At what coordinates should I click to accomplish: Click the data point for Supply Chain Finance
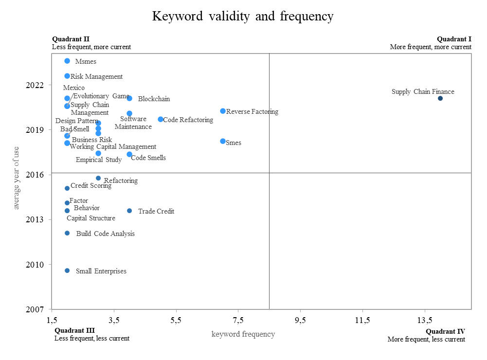pyautogui.click(x=440, y=98)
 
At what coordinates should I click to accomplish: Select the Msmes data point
pyautogui.click(x=67, y=61)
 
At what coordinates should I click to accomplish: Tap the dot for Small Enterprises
pyautogui.click(x=67, y=270)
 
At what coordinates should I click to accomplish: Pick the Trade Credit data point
pyautogui.click(x=129, y=211)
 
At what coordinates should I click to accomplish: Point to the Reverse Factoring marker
pyautogui.click(x=223, y=111)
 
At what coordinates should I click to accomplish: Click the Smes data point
pyautogui.click(x=223, y=141)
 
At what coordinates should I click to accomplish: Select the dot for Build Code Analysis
pyautogui.click(x=67, y=233)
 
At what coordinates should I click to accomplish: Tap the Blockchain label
pyautogui.click(x=154, y=99)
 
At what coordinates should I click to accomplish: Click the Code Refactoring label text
pyautogui.click(x=188, y=120)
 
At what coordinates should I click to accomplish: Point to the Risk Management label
pyautogui.click(x=96, y=76)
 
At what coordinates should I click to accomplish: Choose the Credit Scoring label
pyautogui.click(x=91, y=185)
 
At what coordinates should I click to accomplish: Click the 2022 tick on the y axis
pyautogui.click(x=36, y=85)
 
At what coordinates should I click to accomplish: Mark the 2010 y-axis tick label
pyautogui.click(x=36, y=265)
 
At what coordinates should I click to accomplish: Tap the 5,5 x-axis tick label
pyautogui.click(x=176, y=320)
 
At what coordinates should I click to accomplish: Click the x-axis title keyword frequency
pyautogui.click(x=243, y=334)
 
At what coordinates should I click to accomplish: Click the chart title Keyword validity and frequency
pyautogui.click(x=243, y=16)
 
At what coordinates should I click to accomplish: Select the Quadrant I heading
pyautogui.click(x=454, y=39)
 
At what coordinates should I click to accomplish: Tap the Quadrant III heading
pyautogui.click(x=74, y=331)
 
